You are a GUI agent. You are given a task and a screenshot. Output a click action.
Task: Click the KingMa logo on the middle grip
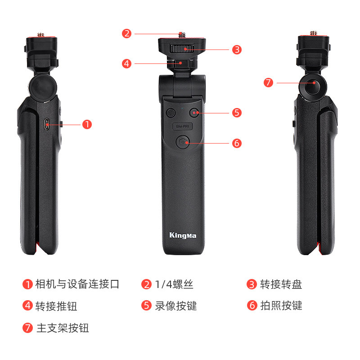(x=183, y=235)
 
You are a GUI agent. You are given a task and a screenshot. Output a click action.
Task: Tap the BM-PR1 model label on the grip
(x=183, y=126)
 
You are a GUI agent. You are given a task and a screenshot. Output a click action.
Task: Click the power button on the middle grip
(x=171, y=113)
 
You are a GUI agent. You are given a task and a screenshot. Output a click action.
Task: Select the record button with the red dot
(x=194, y=112)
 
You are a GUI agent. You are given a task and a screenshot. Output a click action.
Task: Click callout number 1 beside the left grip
(x=87, y=125)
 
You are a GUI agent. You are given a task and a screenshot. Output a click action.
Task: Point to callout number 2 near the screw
(x=126, y=33)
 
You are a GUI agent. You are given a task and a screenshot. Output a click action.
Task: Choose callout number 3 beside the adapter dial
(x=237, y=49)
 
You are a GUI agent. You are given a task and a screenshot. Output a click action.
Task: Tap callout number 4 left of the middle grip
(x=126, y=63)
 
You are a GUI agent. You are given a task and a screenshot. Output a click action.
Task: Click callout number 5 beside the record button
(x=237, y=113)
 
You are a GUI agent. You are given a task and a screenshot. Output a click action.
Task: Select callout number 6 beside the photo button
(x=237, y=143)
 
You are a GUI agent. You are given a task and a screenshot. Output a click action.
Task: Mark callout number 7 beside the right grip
(x=268, y=83)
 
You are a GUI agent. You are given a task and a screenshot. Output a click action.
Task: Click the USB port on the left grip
(x=47, y=125)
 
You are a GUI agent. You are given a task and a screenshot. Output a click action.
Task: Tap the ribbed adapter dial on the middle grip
(x=182, y=49)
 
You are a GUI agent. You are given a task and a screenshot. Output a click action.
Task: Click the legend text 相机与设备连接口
(x=77, y=284)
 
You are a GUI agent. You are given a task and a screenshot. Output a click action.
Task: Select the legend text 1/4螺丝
(x=174, y=284)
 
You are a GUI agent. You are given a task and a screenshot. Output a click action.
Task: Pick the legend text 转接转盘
(x=281, y=284)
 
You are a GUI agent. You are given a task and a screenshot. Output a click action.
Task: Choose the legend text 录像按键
(x=176, y=306)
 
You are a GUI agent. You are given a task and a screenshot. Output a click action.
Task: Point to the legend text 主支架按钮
(x=63, y=328)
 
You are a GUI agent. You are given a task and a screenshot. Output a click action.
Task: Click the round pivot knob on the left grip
(x=43, y=87)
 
